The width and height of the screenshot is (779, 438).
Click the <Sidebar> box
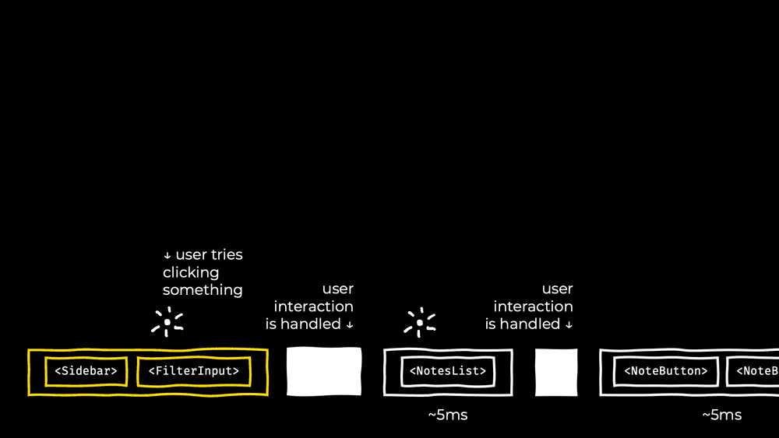tap(86, 371)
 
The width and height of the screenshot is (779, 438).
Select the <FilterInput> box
tap(194, 371)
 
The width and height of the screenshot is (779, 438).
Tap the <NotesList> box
tap(448, 371)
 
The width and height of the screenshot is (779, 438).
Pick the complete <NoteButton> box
tap(665, 371)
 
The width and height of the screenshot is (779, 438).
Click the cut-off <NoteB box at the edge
tap(754, 371)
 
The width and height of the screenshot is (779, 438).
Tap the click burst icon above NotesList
tap(420, 322)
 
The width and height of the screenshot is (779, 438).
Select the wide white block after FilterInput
tap(324, 371)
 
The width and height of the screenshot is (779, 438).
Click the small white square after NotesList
tap(556, 372)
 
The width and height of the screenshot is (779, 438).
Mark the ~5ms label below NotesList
tap(448, 415)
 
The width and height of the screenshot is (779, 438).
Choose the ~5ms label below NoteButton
tap(721, 415)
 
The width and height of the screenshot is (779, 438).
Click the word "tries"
tap(227, 255)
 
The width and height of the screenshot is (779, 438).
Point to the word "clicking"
tap(191, 273)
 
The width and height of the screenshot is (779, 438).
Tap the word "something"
tap(203, 290)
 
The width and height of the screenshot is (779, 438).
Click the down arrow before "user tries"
tap(167, 256)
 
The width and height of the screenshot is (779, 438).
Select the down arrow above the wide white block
tap(349, 324)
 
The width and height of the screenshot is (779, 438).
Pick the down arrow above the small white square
tap(569, 324)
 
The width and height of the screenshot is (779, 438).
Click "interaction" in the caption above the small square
tap(533, 307)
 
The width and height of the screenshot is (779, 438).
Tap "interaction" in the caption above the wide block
tap(313, 307)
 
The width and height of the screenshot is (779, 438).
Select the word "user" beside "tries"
tap(191, 255)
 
